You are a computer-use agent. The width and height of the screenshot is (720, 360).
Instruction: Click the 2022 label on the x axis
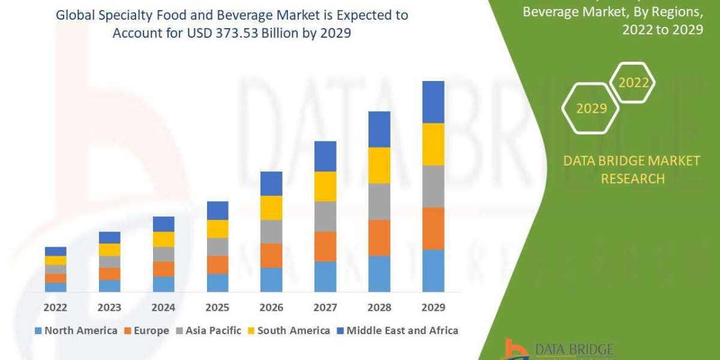(x=56, y=307)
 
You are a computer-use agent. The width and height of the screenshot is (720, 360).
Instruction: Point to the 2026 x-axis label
(x=271, y=307)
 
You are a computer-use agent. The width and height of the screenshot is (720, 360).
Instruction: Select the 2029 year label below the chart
(x=433, y=307)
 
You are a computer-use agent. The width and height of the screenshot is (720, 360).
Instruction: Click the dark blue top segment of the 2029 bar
(x=433, y=102)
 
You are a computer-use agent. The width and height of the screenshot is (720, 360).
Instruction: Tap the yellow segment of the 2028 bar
(x=379, y=165)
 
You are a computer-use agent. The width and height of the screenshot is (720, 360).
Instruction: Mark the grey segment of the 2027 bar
(x=325, y=216)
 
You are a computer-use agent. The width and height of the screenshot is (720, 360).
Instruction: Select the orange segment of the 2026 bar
(x=271, y=255)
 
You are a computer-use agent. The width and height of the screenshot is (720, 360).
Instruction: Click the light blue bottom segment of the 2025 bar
(x=218, y=283)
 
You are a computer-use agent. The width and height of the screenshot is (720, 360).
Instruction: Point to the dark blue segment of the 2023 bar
(x=110, y=238)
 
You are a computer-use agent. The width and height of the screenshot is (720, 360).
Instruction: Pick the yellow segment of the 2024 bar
(x=164, y=239)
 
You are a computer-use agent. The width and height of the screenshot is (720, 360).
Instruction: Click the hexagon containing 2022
(x=634, y=83)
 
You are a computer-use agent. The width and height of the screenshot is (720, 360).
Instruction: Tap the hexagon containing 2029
(x=590, y=109)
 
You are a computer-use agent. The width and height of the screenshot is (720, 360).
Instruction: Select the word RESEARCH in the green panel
(x=632, y=178)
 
